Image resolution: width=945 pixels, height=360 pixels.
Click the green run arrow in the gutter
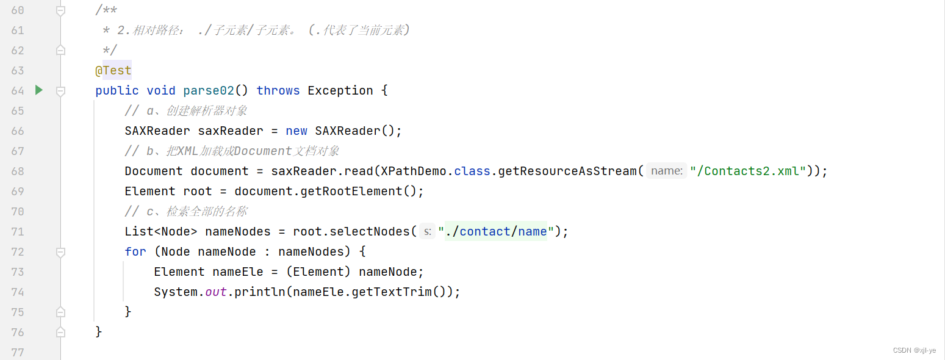coord(39,90)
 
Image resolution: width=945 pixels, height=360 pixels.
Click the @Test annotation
coord(113,70)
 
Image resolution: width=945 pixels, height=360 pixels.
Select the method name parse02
coord(209,90)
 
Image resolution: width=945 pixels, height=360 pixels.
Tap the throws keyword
coord(278,90)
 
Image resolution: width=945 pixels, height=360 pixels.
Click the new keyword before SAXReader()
coord(296,131)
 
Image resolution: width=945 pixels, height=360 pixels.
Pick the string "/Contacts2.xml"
coord(749,171)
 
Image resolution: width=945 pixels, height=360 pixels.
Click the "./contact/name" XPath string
coord(495,231)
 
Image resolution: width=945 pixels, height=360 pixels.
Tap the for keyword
coord(135,251)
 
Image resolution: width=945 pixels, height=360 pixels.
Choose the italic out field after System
coord(216,292)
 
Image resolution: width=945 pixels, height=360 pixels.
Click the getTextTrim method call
coord(390,292)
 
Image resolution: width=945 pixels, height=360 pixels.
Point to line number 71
coord(18,231)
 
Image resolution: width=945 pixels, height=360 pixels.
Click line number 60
coord(18,10)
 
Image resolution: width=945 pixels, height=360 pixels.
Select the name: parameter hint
coord(666,171)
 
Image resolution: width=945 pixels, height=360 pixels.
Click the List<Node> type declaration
coord(161,231)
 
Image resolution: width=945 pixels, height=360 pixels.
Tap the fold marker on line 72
coord(60,251)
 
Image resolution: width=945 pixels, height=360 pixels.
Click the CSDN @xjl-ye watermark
coord(914,350)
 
